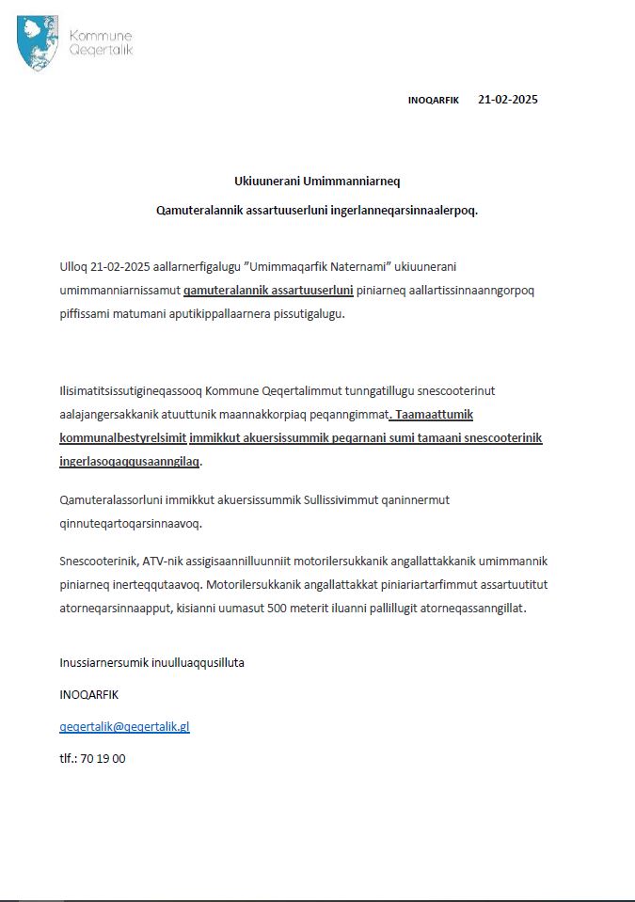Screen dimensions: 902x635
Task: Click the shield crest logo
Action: coord(37,43)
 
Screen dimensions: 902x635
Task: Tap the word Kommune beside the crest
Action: coord(101,35)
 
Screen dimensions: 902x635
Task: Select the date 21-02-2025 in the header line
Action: coord(508,100)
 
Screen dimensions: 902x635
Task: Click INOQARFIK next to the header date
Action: coord(434,101)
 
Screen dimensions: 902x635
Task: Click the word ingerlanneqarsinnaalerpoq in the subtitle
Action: coord(405,210)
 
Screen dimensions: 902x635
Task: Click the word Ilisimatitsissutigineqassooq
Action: coord(131,389)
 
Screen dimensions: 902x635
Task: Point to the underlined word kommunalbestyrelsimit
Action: coord(122,438)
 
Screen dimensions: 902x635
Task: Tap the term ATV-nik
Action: coord(165,561)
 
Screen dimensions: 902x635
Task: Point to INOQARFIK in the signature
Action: coord(89,694)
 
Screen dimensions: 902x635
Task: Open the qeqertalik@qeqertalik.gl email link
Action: coord(124,726)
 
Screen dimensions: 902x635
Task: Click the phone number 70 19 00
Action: coord(103,758)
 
